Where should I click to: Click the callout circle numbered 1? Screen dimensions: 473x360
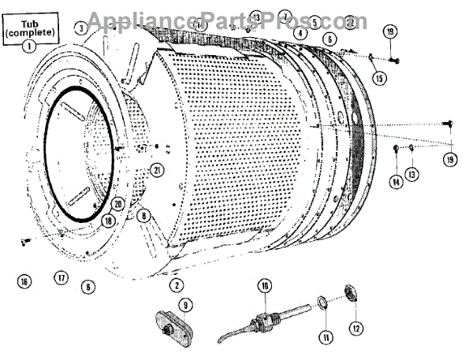click(x=28, y=46)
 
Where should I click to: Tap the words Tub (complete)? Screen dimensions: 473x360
click(x=28, y=28)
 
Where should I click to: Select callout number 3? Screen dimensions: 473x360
click(x=81, y=28)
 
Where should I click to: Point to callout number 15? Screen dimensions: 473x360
click(x=379, y=79)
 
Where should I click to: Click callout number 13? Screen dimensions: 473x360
click(x=411, y=173)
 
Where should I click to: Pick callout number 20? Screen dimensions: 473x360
click(x=118, y=203)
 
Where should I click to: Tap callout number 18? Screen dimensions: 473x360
click(x=107, y=221)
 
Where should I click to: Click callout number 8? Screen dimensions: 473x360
click(x=143, y=214)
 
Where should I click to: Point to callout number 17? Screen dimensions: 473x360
click(x=61, y=277)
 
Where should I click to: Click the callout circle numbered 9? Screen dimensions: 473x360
click(x=185, y=304)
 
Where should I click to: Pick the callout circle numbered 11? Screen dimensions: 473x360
click(x=324, y=340)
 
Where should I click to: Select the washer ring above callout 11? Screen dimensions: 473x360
click(x=323, y=302)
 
